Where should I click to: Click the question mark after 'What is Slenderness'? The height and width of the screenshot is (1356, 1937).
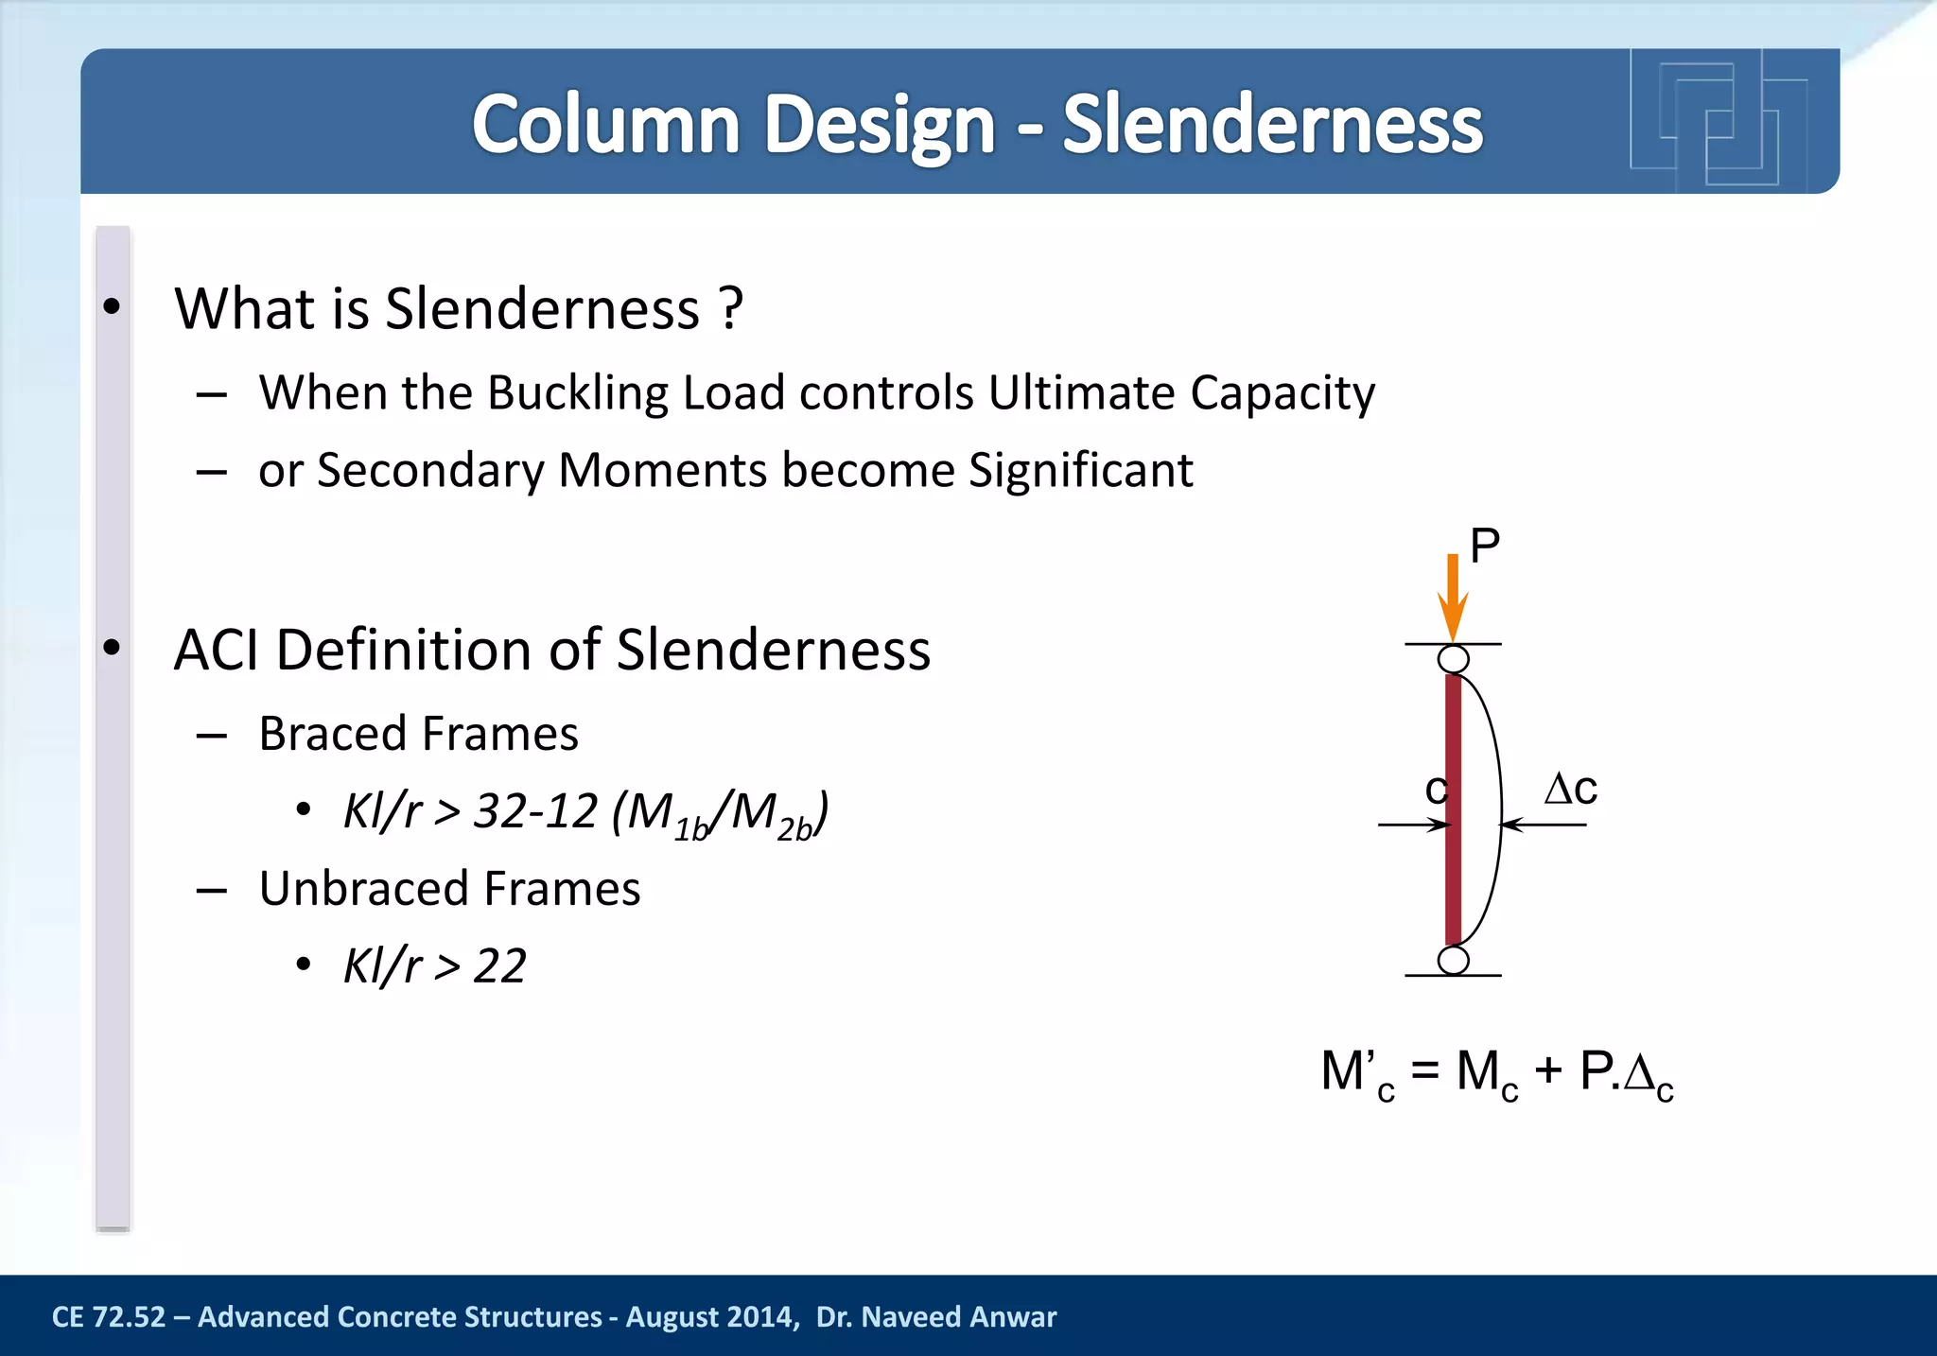pyautogui.click(x=730, y=308)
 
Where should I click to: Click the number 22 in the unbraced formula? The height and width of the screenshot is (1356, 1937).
pyautogui.click(x=499, y=966)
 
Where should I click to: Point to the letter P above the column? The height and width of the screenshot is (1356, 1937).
pyautogui.click(x=1484, y=546)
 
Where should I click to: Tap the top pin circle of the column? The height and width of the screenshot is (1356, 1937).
pyautogui.click(x=1454, y=659)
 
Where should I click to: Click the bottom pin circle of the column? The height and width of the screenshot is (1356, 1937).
pyautogui.click(x=1454, y=961)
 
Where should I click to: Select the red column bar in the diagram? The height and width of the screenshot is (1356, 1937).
pyautogui.click(x=1454, y=808)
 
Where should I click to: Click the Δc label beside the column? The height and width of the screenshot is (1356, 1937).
pyautogui.click(x=1570, y=788)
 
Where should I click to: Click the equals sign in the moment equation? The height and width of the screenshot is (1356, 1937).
pyautogui.click(x=1424, y=1072)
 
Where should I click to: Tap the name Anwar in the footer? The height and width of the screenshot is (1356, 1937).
pyautogui.click(x=1014, y=1317)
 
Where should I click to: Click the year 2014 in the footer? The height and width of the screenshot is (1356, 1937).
pyautogui.click(x=756, y=1317)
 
